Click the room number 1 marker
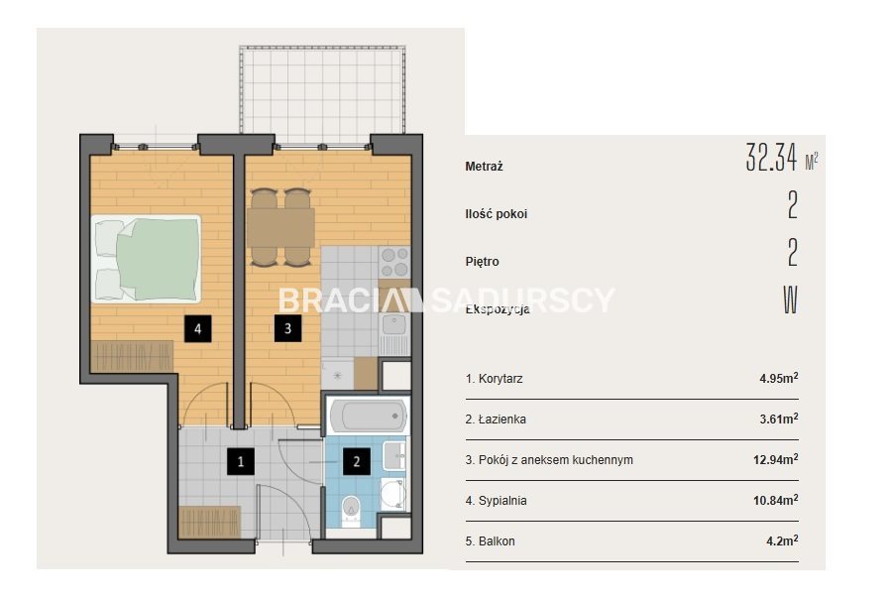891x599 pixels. point(241,461)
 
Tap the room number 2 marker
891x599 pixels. point(356,461)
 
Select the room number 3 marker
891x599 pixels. point(287,328)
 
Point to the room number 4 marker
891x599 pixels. point(198,328)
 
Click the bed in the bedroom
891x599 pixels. point(146,258)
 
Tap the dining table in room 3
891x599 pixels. point(280,227)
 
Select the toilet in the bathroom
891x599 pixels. point(351,511)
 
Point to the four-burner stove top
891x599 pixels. point(394,262)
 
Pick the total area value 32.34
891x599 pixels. point(771,158)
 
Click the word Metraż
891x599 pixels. point(484,167)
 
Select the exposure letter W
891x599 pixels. point(791,299)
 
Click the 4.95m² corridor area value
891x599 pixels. point(778,378)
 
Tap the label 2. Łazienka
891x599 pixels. point(496,419)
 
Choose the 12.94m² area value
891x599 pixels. point(776,459)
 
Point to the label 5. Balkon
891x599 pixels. point(490,540)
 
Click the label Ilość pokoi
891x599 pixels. point(497,214)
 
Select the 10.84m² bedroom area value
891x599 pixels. point(776,501)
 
